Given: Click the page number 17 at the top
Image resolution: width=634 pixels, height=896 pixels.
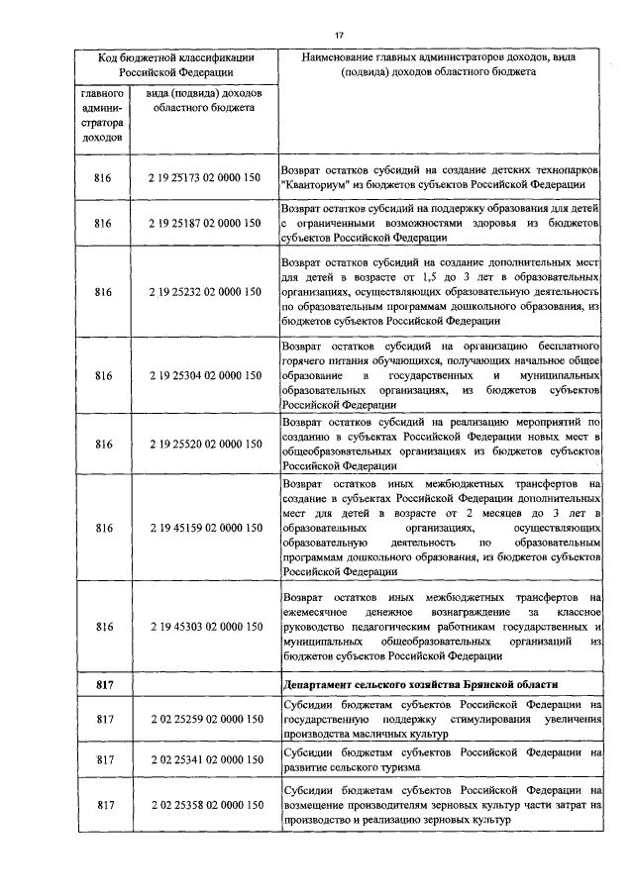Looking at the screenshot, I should [x=338, y=35].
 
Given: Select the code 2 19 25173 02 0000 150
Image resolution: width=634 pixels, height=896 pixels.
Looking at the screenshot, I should [x=206, y=177].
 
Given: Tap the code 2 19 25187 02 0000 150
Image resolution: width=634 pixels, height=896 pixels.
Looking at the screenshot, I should [x=206, y=225].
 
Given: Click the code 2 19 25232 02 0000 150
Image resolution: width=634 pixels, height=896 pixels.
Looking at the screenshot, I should [x=206, y=293].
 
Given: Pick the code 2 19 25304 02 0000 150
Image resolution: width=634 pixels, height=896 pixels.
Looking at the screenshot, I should [x=206, y=376].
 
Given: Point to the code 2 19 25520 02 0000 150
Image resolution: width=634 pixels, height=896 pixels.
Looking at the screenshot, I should [x=206, y=445].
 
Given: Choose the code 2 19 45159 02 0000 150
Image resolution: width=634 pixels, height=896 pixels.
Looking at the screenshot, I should [x=206, y=529].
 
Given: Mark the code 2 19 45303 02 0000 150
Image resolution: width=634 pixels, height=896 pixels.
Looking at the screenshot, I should [x=206, y=627].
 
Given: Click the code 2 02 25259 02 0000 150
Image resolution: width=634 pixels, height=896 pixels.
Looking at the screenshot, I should [x=206, y=720].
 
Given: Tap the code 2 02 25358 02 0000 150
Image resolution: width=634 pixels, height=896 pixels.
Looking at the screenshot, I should [x=206, y=806].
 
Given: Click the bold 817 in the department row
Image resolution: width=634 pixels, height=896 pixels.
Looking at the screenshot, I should [x=102, y=685].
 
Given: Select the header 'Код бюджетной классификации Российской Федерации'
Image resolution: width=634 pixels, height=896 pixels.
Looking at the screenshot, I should [x=175, y=65].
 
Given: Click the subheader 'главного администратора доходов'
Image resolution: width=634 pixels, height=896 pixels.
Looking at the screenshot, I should [x=102, y=116].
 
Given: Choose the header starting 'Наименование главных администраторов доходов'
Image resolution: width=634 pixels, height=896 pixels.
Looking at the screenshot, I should [x=443, y=65].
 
